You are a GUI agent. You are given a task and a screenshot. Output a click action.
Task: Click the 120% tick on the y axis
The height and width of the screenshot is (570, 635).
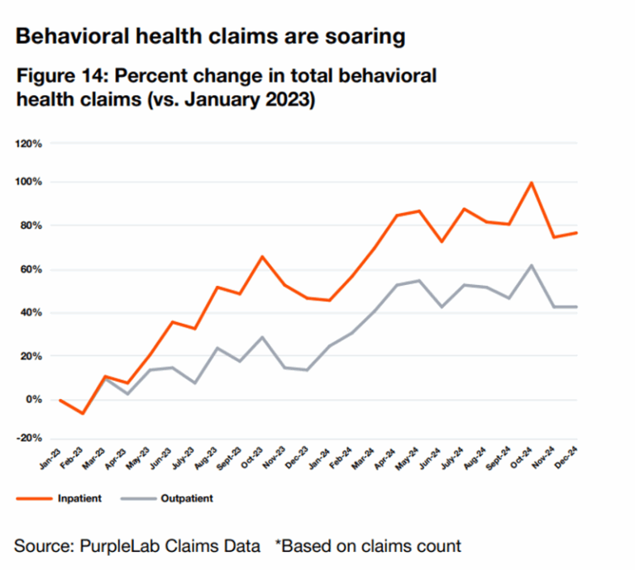pyautogui.click(x=29, y=144)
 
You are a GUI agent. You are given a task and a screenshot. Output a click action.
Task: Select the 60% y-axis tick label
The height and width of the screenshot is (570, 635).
pyautogui.click(x=31, y=269)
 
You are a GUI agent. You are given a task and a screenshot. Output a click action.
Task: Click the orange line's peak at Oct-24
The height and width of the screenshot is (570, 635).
pyautogui.click(x=531, y=183)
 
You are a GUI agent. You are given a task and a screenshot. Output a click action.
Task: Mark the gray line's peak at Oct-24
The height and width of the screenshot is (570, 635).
pyautogui.click(x=531, y=265)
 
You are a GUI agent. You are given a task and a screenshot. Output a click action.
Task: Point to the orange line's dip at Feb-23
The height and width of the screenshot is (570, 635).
pyautogui.click(x=82, y=413)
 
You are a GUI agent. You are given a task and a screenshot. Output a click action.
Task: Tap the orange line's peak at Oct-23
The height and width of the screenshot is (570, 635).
pyautogui.click(x=262, y=257)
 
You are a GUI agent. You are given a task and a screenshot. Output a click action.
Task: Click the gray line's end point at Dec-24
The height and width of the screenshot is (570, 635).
pyautogui.click(x=575, y=307)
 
